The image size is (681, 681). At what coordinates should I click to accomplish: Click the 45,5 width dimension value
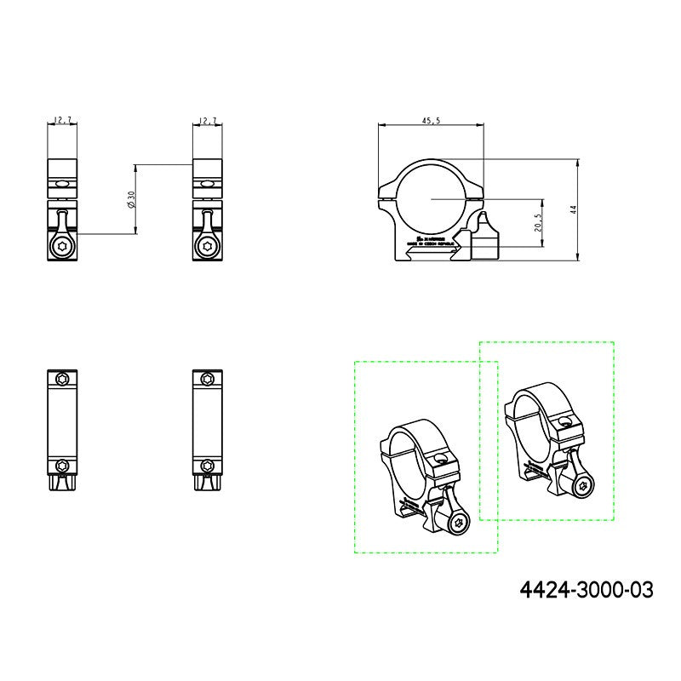(x=431, y=121)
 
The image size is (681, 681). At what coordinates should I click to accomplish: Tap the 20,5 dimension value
(x=536, y=223)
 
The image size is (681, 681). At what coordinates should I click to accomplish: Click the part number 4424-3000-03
(x=587, y=588)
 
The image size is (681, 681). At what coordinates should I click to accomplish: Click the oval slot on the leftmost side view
(x=62, y=183)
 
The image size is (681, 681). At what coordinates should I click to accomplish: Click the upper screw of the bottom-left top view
(x=62, y=379)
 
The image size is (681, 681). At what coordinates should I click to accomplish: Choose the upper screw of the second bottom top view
(x=208, y=379)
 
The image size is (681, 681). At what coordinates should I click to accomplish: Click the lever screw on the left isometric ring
(x=458, y=524)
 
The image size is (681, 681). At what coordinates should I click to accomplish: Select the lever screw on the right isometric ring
(x=583, y=486)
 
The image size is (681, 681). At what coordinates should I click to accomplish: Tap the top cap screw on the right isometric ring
(x=563, y=421)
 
